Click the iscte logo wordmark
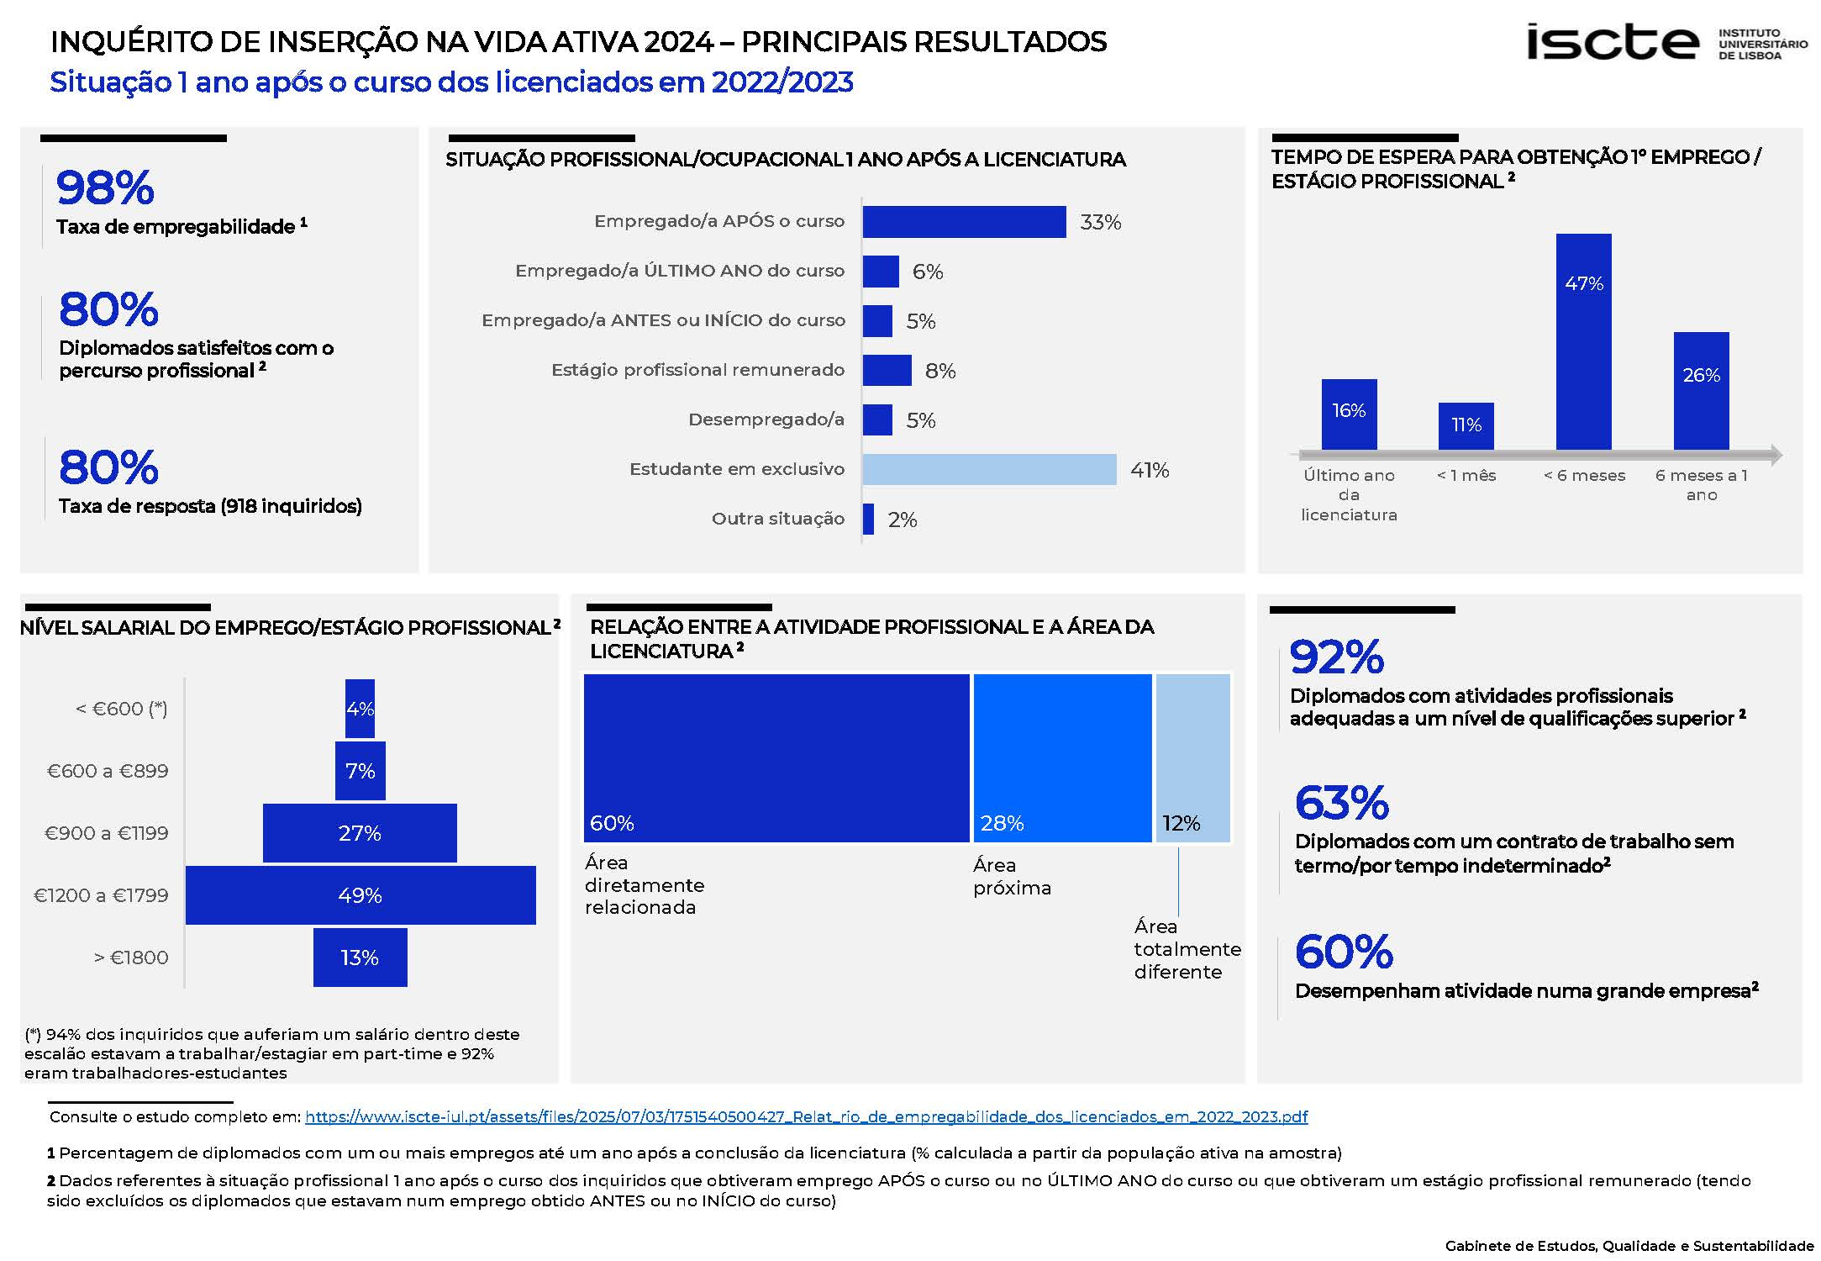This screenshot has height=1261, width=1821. pyautogui.click(x=1612, y=42)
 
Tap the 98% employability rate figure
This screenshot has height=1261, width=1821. pyautogui.click(x=105, y=187)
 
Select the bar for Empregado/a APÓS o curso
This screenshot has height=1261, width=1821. pyautogui.click(x=964, y=222)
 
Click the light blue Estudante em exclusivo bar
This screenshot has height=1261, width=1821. pyautogui.click(x=989, y=469)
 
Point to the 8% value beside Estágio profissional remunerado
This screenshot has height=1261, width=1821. pyautogui.click(x=940, y=371)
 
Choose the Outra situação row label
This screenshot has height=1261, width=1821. pyautogui.click(x=777, y=519)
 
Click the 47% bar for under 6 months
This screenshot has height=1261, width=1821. pyautogui.click(x=1583, y=341)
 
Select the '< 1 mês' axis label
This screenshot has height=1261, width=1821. pyautogui.click(x=1466, y=476)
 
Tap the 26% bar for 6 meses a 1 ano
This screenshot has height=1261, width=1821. pyautogui.click(x=1701, y=391)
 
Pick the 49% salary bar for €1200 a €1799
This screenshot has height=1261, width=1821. pyautogui.click(x=360, y=895)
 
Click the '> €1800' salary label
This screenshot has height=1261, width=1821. pyautogui.click(x=131, y=958)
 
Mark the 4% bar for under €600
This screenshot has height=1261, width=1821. pyautogui.click(x=360, y=709)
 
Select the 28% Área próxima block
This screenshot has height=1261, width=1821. pyautogui.click(x=1062, y=757)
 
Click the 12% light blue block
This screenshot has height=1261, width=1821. pyautogui.click(x=1192, y=757)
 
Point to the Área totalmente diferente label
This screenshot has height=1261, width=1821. pyautogui.click(x=1187, y=949)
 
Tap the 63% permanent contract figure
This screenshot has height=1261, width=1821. pyautogui.click(x=1341, y=803)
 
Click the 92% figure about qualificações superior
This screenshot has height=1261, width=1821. pyautogui.click(x=1336, y=657)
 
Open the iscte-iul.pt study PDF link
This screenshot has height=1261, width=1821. pyautogui.click(x=806, y=1117)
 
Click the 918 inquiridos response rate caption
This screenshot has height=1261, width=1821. pyautogui.click(x=210, y=506)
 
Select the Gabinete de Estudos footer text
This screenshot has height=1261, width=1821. pyautogui.click(x=1629, y=1246)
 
